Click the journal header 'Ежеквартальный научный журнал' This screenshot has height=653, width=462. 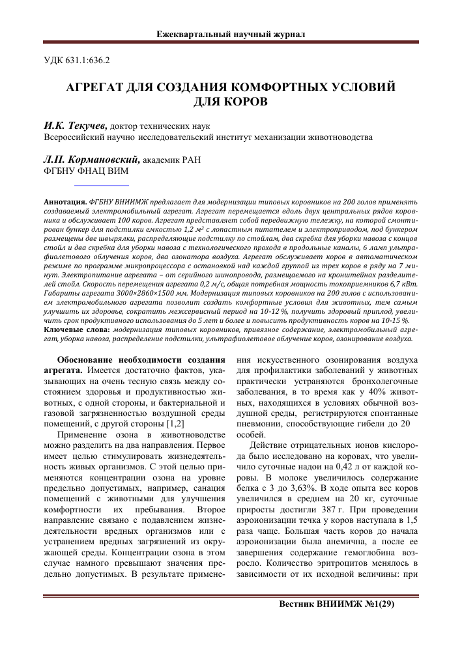(231, 33)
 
